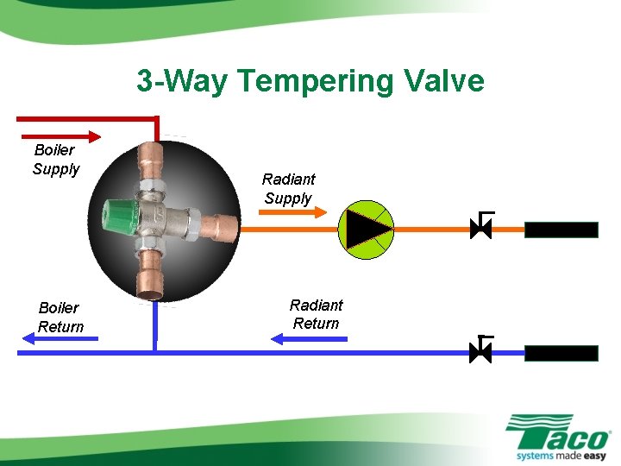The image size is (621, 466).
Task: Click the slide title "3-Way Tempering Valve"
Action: (x=310, y=81)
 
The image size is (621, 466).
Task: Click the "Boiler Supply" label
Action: (x=56, y=160)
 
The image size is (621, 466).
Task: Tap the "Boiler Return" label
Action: (x=60, y=317)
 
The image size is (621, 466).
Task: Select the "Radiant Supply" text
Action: (x=288, y=188)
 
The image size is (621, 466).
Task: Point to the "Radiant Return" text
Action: (x=316, y=314)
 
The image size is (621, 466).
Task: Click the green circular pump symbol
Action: (x=366, y=230)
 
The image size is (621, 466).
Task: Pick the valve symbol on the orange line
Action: (x=480, y=228)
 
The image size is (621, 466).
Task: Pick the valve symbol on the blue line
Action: (x=480, y=351)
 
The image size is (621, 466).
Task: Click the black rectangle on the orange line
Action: (x=561, y=230)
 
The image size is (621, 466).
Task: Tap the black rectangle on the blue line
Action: (x=561, y=353)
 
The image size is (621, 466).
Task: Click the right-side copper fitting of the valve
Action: (x=223, y=227)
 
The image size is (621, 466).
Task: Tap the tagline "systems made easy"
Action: (x=561, y=454)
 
